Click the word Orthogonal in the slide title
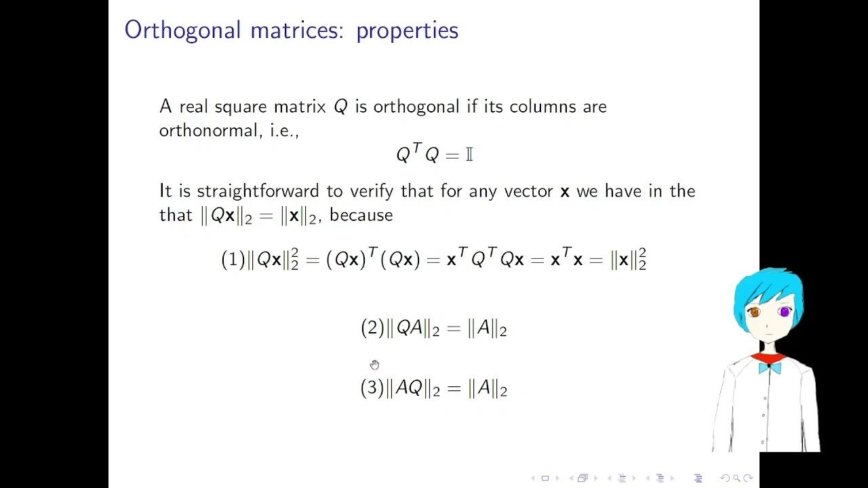[182, 30]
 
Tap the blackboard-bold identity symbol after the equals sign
[469, 155]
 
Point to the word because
[361, 216]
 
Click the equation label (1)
[233, 260]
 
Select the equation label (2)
[372, 329]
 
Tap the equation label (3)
[372, 388]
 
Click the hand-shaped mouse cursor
[375, 365]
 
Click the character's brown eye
[754, 312]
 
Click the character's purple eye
[785, 312]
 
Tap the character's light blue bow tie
[769, 368]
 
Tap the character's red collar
[768, 357]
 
